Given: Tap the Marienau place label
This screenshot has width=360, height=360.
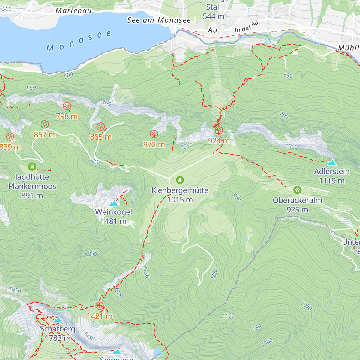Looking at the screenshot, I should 73,11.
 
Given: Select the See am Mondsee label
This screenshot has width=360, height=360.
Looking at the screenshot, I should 159,20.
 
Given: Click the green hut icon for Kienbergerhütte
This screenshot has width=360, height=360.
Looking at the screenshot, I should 180,180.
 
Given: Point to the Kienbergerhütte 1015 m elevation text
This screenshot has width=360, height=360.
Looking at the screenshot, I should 180,200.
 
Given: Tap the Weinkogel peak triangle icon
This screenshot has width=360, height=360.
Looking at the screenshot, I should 113,203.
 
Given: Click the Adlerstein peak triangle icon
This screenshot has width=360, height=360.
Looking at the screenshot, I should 331,163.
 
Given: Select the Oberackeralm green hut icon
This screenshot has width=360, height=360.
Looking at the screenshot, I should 297,190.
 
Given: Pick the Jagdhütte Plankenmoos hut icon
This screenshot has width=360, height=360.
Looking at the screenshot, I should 32,166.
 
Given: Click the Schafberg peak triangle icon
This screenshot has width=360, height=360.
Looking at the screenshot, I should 58,320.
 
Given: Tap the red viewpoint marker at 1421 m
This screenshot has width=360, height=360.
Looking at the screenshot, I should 99,306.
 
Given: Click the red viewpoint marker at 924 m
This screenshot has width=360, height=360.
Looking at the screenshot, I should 219,130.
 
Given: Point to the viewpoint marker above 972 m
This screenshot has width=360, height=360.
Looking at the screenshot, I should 154,134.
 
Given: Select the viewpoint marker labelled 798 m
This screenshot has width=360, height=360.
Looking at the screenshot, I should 67,106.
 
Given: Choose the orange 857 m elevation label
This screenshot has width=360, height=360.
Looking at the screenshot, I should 45,135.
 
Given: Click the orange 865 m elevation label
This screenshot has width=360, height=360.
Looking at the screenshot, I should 101,137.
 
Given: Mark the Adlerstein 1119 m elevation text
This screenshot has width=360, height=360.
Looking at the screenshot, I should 331,181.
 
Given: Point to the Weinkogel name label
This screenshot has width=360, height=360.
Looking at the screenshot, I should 113,212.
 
